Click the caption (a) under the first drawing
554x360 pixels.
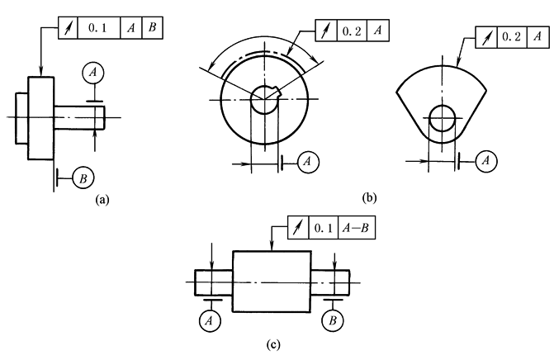coord(102,200)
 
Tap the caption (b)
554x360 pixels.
coord(370,197)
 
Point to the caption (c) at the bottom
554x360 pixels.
coord(273,344)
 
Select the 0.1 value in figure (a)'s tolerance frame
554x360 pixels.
coord(97,27)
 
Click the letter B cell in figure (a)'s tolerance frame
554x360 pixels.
coord(152,27)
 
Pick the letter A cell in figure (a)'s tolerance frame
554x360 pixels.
coord(131,27)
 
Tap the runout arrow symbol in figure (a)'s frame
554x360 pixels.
coord(69,28)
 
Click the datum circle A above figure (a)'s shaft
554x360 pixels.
coord(93,73)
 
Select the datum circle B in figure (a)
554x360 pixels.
coord(83,178)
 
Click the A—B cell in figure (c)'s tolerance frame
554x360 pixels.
coord(356,228)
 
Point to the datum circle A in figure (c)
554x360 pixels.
coord(211,321)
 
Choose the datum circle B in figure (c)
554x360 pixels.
coord(333,321)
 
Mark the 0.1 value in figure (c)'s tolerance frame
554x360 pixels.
coord(324,228)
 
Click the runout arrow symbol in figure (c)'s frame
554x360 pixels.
coord(298,228)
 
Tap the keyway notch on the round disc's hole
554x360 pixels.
coord(278,93)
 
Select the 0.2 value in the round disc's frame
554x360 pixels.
coord(352,31)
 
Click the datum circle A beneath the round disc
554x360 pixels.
coord(309,162)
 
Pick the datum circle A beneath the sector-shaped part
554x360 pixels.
coord(486,161)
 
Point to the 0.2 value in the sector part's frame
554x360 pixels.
coord(512,36)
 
